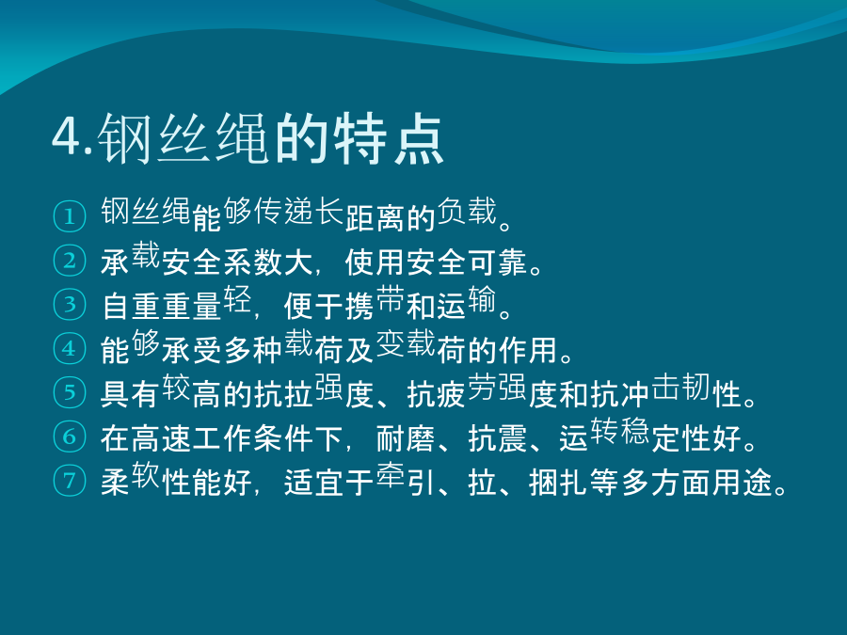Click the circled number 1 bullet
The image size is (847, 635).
70,216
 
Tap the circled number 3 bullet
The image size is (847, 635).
70,305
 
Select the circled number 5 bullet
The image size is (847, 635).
70,392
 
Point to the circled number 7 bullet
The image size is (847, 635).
70,480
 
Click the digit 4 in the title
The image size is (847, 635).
68,137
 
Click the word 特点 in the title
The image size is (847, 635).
388,138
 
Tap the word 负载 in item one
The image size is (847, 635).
467,211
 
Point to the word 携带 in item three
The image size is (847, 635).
375,302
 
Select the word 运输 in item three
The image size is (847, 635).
466,302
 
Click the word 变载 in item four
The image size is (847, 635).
405,343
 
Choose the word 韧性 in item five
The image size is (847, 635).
696,389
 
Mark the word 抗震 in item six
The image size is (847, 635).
497,438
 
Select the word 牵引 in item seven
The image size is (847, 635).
405,479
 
